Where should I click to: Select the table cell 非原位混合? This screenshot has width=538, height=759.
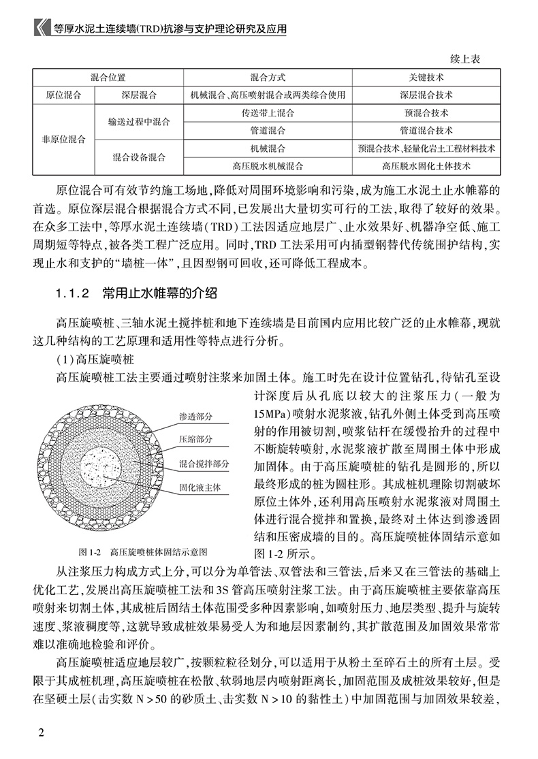[62, 139]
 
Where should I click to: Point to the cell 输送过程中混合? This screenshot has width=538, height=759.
[139, 122]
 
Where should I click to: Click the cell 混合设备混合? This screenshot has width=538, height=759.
[139, 157]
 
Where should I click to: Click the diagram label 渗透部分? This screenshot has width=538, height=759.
[196, 415]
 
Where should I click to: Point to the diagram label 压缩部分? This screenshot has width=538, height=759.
[196, 439]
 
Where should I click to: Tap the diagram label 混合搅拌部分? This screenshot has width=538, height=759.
[204, 464]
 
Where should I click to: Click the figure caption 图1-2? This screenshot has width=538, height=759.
[89, 551]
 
